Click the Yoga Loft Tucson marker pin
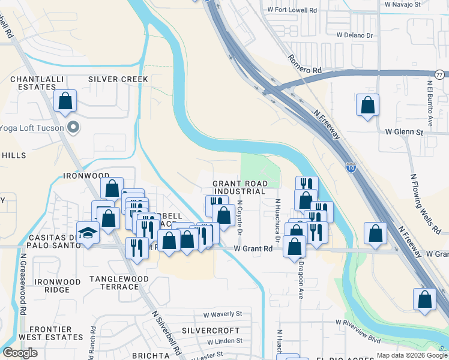click(x=74, y=127)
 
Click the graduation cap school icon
click(x=88, y=233)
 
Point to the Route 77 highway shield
click(x=439, y=74)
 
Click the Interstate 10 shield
click(x=351, y=169)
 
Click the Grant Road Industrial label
click(x=239, y=187)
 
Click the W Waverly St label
click(x=222, y=314)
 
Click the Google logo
click(x=20, y=353)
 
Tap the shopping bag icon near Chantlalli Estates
click(x=65, y=102)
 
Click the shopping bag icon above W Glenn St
click(x=367, y=106)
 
